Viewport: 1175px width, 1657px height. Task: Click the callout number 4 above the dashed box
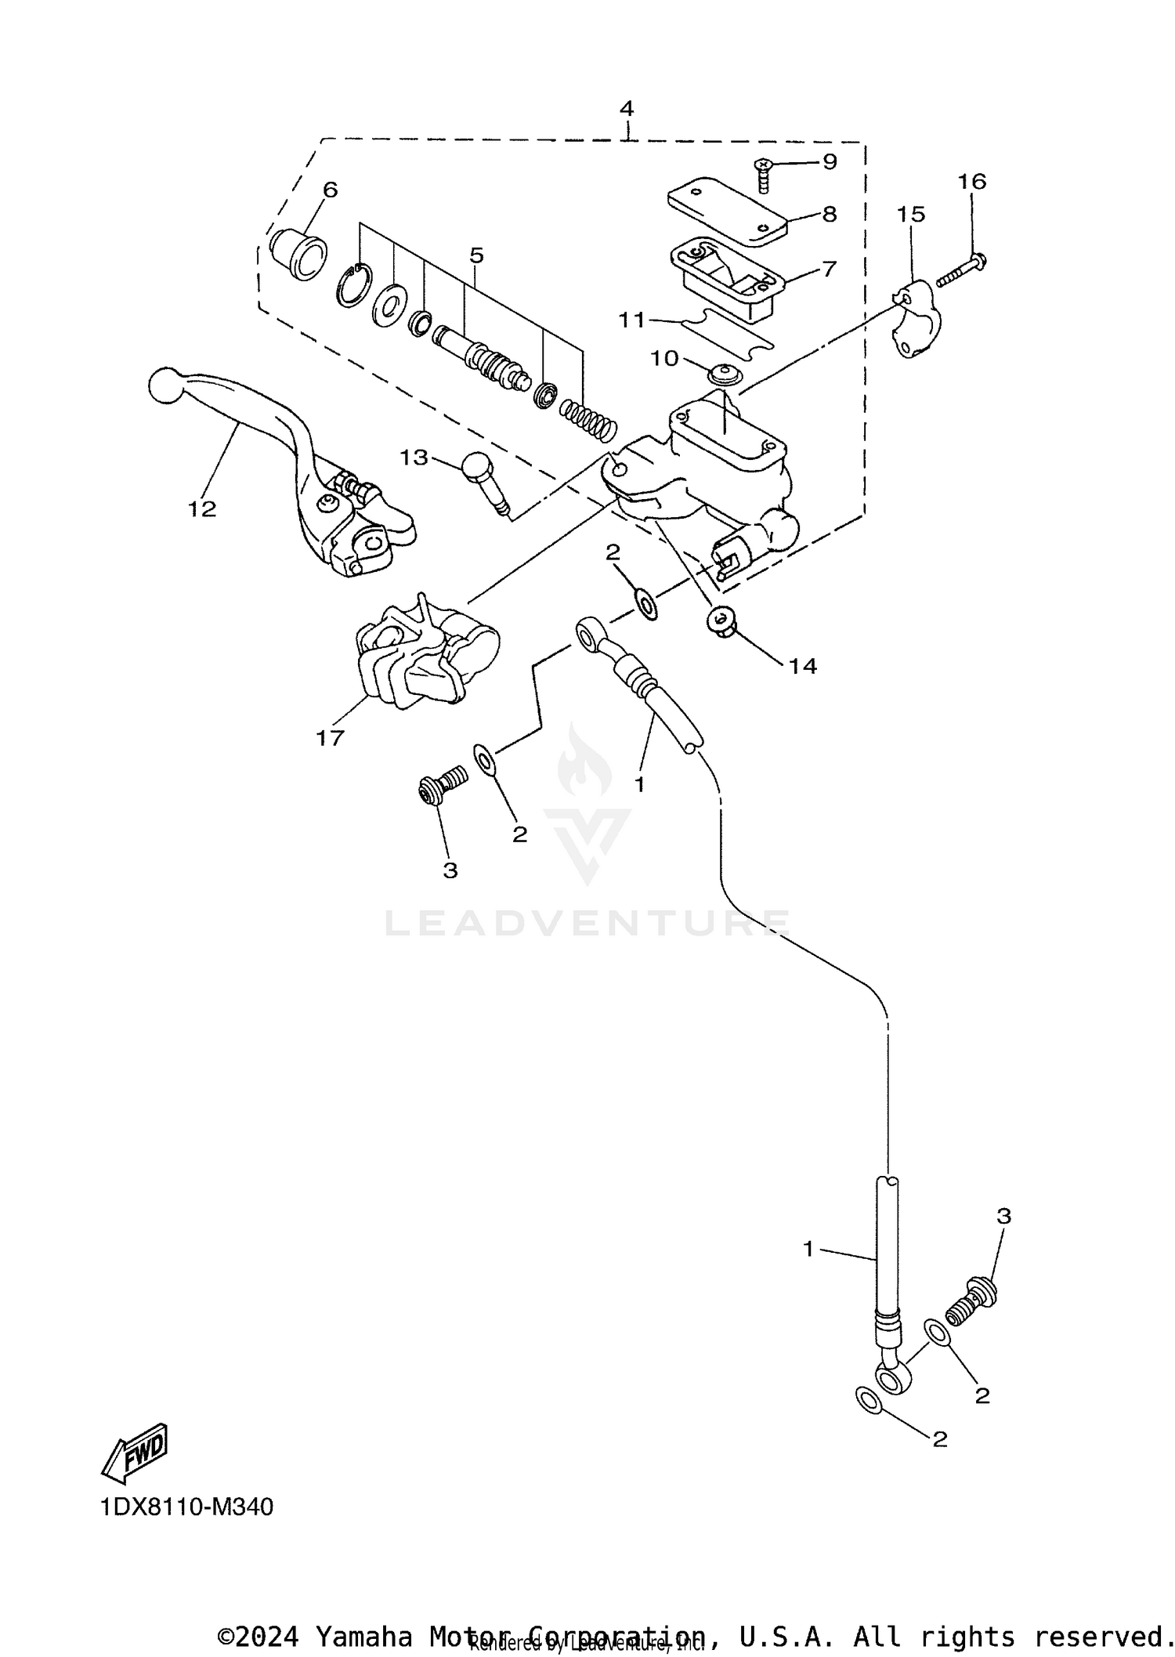click(626, 108)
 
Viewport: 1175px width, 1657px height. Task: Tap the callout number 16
click(972, 182)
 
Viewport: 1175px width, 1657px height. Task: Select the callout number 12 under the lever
click(201, 509)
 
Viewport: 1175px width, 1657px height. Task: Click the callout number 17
click(330, 738)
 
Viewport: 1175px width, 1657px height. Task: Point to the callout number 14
click(803, 666)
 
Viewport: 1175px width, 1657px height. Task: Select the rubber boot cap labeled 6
click(298, 253)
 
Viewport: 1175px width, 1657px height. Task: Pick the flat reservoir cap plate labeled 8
click(727, 207)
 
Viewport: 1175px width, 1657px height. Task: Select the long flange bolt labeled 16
click(960, 269)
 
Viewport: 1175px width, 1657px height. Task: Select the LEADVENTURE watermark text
click(587, 923)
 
